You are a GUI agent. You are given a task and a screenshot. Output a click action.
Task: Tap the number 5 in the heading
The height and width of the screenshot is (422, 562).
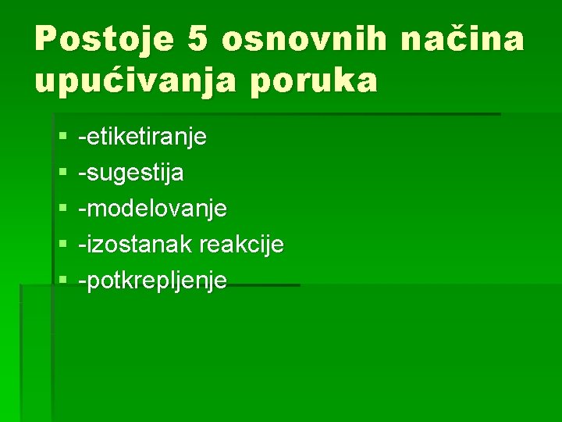pyautogui.click(x=197, y=39)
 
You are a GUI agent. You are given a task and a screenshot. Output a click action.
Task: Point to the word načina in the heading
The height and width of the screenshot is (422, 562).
pyautogui.click(x=462, y=39)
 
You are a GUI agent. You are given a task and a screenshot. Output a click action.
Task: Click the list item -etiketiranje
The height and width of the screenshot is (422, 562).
pyautogui.click(x=143, y=138)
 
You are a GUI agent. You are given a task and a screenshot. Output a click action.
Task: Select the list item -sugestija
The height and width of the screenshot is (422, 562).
pyautogui.click(x=131, y=173)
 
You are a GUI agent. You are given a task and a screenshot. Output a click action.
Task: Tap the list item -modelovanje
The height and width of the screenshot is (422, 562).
pyautogui.click(x=153, y=209)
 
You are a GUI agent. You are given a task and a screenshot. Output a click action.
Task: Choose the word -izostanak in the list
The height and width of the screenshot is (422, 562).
pyautogui.click(x=136, y=245)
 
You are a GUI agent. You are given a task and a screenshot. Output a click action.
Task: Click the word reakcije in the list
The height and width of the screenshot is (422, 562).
pyautogui.click(x=241, y=245)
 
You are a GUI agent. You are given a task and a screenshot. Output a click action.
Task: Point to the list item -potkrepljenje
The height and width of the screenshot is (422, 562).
pyautogui.click(x=153, y=281)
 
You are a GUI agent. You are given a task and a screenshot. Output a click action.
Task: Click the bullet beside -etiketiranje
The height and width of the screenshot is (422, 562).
pyautogui.click(x=62, y=138)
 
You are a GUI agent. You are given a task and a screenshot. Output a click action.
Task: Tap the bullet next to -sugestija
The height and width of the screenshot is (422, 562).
pyautogui.click(x=62, y=173)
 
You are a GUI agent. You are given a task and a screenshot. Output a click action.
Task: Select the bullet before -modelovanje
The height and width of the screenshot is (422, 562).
pyautogui.click(x=62, y=209)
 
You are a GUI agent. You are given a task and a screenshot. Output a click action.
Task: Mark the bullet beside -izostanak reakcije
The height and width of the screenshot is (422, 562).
pyautogui.click(x=62, y=245)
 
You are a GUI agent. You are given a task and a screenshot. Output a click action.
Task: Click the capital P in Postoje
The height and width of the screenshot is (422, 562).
pyautogui.click(x=46, y=39)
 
